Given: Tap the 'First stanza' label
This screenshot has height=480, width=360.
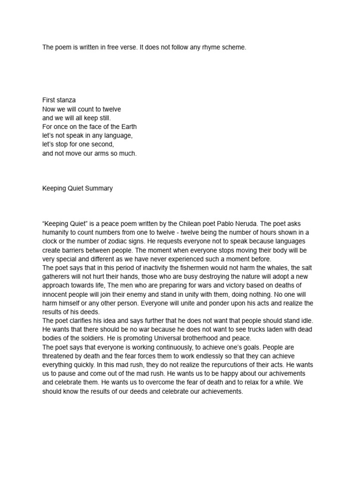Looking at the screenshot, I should (x=59, y=100).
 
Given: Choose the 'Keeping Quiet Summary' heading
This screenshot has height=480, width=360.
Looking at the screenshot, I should (x=77, y=188).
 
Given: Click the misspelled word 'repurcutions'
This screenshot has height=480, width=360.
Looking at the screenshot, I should (x=232, y=365).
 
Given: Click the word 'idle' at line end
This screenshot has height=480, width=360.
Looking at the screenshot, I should (x=306, y=321).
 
